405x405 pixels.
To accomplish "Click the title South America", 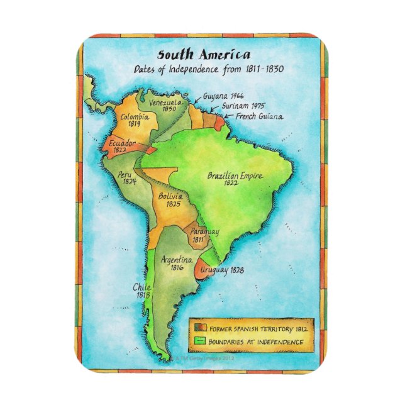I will (203, 55).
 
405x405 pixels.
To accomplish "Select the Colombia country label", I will (135, 116).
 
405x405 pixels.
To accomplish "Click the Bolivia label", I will (170, 196).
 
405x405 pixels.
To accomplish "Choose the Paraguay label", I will (204, 233).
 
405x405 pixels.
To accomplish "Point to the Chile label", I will (141, 287).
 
